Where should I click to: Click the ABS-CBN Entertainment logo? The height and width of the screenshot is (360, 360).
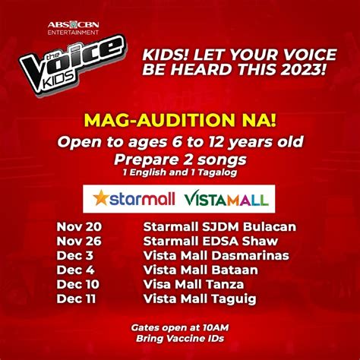pos(73,28)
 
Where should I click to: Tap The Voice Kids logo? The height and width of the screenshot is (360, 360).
pos(73,65)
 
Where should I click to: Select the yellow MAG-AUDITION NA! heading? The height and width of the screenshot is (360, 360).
pos(180,120)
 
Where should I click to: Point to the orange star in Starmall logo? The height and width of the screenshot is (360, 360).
pos(101,197)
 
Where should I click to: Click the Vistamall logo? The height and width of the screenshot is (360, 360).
pos(226,199)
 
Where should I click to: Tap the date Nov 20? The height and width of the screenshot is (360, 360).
pos(79,226)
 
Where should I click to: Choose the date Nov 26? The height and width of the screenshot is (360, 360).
pos(79,241)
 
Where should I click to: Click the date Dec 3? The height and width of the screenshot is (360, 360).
pos(75,255)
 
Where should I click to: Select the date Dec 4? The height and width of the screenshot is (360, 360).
pos(75,270)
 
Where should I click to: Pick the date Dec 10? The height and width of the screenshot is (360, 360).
pos(77,284)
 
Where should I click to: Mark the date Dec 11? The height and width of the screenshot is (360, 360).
pos(76,298)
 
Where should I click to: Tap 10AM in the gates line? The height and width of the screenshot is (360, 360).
pos(216,327)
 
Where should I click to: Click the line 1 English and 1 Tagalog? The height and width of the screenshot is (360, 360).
pos(180,172)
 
